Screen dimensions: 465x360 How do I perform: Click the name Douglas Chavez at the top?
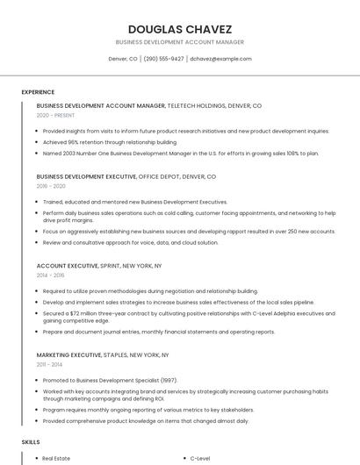[x=179, y=29]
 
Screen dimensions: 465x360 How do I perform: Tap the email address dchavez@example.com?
[x=220, y=59]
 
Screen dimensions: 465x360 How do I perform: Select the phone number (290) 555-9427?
[x=163, y=59]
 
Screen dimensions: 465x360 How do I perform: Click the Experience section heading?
[x=38, y=92]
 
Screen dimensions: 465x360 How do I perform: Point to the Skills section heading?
[x=31, y=443]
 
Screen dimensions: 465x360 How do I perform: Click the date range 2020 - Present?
[x=55, y=115]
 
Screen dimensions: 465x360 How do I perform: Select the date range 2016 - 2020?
[x=51, y=186]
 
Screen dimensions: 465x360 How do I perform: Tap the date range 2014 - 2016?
[x=51, y=275]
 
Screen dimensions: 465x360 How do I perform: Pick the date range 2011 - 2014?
[x=49, y=364]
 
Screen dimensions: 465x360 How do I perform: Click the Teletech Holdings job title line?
[x=149, y=105]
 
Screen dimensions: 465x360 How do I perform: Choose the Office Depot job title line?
[x=126, y=176]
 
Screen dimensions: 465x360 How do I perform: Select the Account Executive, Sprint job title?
[x=99, y=265]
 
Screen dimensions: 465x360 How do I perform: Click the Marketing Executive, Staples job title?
[x=103, y=354]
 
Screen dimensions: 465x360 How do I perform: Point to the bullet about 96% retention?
[x=110, y=141]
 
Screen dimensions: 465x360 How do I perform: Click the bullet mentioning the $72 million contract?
[x=189, y=317]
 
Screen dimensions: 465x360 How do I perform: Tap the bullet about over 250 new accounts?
[x=189, y=231]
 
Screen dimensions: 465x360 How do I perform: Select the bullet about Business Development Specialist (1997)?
[x=110, y=380]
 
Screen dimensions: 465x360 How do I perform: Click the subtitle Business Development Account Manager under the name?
[x=179, y=42]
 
